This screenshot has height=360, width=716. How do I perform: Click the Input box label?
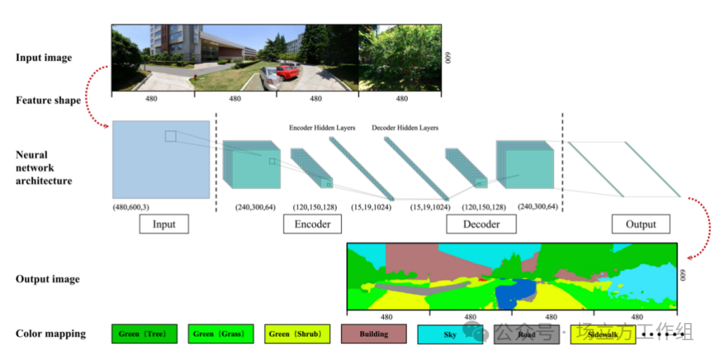click(x=164, y=224)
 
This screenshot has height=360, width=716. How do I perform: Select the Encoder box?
click(x=312, y=224)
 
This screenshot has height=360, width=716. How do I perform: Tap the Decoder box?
click(x=481, y=224)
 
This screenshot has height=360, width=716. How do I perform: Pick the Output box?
click(x=640, y=224)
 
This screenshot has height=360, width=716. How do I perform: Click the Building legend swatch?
click(x=374, y=334)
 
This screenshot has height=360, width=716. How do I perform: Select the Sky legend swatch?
click(x=450, y=335)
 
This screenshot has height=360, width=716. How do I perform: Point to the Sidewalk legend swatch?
click(x=602, y=335)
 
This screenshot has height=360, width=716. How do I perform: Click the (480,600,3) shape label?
click(x=131, y=208)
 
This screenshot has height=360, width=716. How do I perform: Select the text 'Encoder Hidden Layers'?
click(x=322, y=128)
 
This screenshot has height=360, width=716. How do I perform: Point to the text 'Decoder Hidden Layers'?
click(x=405, y=128)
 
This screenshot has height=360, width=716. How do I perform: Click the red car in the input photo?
click(x=288, y=70)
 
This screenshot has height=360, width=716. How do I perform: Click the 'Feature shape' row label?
click(x=48, y=101)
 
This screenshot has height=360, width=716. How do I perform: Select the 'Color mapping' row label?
click(x=51, y=333)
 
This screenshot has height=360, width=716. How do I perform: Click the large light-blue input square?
click(x=161, y=159)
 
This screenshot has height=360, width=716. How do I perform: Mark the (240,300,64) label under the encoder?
click(x=255, y=208)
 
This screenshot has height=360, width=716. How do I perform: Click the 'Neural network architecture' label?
click(x=44, y=168)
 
